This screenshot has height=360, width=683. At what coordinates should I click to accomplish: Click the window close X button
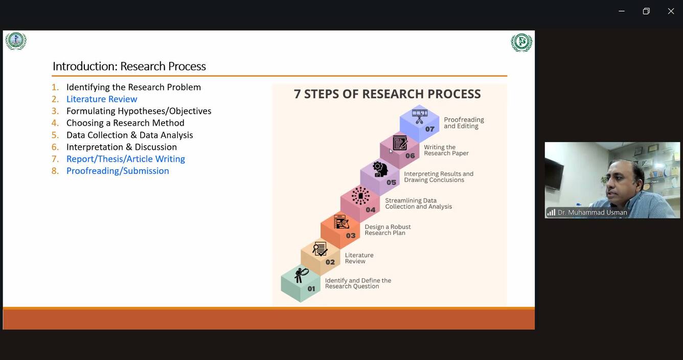pyautogui.click(x=671, y=11)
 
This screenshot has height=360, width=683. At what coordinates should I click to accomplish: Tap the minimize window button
pyautogui.click(x=622, y=11)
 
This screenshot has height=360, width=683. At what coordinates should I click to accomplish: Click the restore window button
pyautogui.click(x=646, y=11)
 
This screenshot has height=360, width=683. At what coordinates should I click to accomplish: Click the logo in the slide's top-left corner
pyautogui.click(x=16, y=41)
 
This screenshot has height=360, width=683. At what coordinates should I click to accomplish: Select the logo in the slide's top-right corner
pyautogui.click(x=521, y=42)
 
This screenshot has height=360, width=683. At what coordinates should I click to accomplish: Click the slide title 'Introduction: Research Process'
pyautogui.click(x=129, y=66)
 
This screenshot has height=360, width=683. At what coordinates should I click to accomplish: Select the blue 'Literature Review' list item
pyautogui.click(x=102, y=99)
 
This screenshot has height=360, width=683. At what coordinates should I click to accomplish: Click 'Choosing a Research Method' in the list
pyautogui.click(x=125, y=123)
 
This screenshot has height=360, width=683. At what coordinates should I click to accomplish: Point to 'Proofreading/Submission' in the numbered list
pyautogui.click(x=118, y=171)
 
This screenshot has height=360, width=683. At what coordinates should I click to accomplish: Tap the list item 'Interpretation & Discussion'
pyautogui.click(x=122, y=147)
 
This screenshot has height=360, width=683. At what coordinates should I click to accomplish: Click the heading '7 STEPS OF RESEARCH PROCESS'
pyautogui.click(x=387, y=94)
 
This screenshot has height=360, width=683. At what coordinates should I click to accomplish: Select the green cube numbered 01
pyautogui.click(x=301, y=284)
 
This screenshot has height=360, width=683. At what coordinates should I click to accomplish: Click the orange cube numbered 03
pyautogui.click(x=340, y=230)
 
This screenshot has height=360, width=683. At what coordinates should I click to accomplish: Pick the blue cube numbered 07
pyautogui.click(x=419, y=123)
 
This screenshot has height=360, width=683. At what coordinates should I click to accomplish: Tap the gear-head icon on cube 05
pyautogui.click(x=380, y=169)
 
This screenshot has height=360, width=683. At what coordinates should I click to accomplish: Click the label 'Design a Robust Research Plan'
pyautogui.click(x=388, y=230)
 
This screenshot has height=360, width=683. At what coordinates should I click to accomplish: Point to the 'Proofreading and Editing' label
pyautogui.click(x=463, y=123)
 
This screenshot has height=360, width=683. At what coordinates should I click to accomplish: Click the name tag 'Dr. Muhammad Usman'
pyautogui.click(x=592, y=213)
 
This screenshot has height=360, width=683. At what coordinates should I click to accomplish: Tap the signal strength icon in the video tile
pyautogui.click(x=551, y=213)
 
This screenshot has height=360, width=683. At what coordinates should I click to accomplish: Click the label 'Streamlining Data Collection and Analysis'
pyautogui.click(x=418, y=204)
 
